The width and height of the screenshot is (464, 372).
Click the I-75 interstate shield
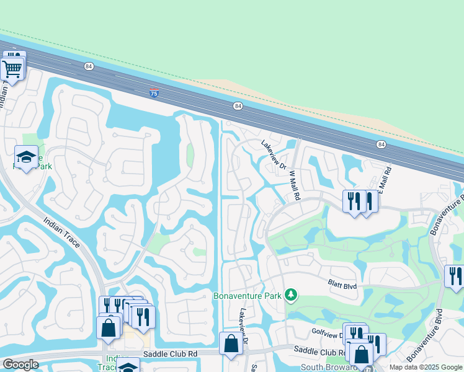154,93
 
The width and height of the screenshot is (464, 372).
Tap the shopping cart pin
12,66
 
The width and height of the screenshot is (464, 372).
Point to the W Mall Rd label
293,184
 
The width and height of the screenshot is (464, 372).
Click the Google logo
20,365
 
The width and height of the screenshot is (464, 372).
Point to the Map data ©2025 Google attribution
426,367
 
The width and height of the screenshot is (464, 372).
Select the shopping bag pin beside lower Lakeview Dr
231,343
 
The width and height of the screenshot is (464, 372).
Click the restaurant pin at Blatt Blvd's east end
455,277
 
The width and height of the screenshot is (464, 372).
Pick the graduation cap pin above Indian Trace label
26,159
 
